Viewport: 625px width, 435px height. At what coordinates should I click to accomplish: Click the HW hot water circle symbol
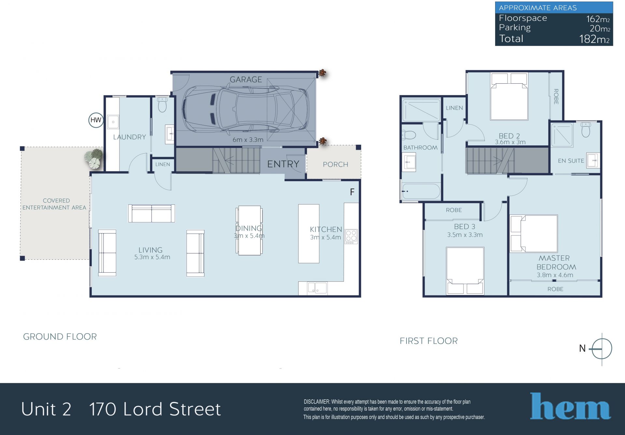(96, 120)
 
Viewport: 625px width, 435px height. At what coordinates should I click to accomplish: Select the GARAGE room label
(246, 79)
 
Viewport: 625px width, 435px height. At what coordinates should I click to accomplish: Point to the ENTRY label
(283, 164)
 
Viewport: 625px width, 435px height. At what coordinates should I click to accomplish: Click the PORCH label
(335, 164)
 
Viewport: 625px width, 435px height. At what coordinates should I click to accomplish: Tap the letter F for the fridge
(352, 192)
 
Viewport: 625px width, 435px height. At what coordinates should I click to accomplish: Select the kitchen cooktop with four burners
(351, 237)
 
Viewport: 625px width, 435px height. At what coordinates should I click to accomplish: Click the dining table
(249, 230)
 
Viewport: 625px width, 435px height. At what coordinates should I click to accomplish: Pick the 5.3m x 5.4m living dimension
(152, 257)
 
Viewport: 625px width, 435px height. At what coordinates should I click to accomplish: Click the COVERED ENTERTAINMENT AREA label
(54, 204)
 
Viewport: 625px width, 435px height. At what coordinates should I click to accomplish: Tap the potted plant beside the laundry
(94, 158)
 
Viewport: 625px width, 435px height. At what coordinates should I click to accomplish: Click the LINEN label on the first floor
(454, 108)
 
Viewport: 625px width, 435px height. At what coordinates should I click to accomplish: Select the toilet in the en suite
(586, 129)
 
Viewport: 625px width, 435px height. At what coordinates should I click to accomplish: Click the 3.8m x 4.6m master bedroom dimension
(555, 275)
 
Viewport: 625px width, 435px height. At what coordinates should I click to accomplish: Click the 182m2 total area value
(594, 39)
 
